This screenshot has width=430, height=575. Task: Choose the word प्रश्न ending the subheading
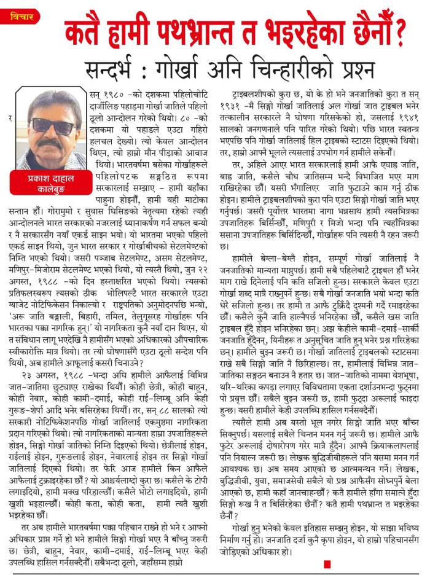[x=356, y=66]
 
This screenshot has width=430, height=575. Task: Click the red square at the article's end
[x=327, y=563]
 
